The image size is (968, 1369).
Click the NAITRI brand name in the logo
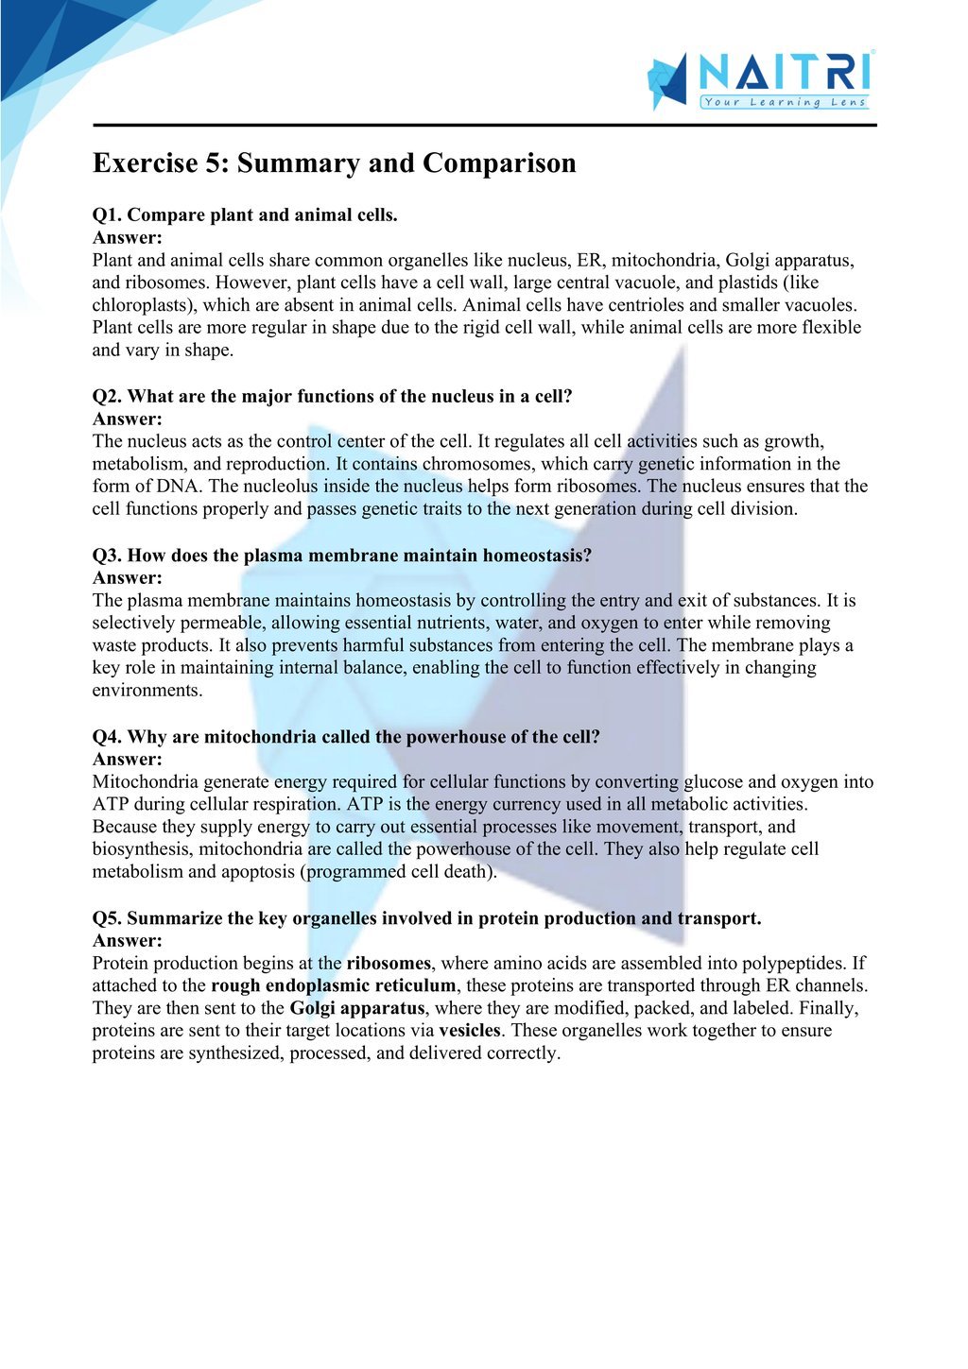pos(785,74)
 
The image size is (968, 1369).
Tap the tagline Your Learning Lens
pos(785,102)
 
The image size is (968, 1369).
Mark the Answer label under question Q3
pos(128,577)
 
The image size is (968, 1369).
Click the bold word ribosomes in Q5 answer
pos(389,964)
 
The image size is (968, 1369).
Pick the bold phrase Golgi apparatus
pos(356,1009)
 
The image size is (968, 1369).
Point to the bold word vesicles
pos(470,1032)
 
